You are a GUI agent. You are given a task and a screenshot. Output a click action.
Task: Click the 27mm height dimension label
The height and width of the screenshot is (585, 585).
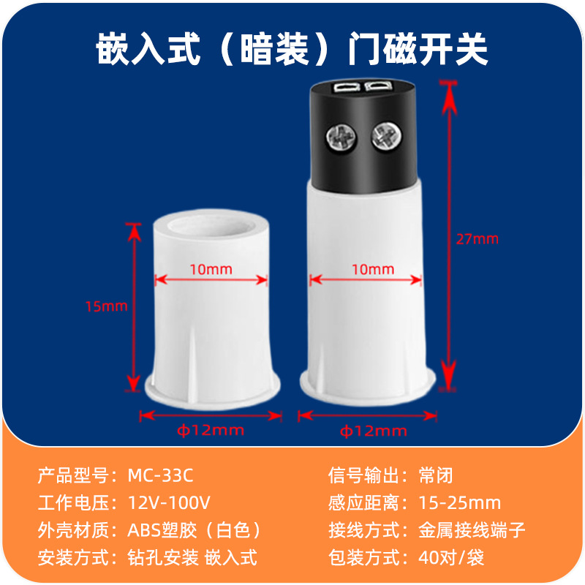pos(478,239)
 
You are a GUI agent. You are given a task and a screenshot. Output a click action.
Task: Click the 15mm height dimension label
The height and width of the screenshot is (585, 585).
pos(106,306)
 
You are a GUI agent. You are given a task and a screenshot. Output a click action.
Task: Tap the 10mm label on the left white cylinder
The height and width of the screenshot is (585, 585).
pos(211,269)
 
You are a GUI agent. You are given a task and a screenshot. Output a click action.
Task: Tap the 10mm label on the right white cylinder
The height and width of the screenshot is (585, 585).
pos(373,269)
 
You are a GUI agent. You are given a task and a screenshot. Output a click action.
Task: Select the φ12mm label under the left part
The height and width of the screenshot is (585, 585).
pos(211,431)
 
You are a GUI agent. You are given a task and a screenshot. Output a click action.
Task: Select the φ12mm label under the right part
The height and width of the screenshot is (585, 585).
pos(373,431)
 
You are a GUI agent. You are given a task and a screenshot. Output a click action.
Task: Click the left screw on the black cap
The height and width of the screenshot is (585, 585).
pos(341,137)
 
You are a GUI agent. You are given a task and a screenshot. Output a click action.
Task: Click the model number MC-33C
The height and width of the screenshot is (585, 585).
pos(160,475)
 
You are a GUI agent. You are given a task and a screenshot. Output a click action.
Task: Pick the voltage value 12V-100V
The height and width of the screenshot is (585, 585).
pos(169,502)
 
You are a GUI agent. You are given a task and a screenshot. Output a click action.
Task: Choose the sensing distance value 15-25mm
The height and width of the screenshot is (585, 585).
pos(460,502)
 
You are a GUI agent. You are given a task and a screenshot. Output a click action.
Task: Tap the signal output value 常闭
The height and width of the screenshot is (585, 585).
pos(436,475)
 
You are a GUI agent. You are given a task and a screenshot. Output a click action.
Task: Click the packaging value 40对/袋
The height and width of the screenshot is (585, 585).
pos(451,557)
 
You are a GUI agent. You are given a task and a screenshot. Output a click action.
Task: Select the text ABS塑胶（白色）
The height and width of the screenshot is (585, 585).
pos(195,529)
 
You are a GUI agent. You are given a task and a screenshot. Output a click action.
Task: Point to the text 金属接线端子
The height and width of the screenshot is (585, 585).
pos(472,529)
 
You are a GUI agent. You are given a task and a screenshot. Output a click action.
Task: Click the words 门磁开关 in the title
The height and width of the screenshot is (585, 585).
pos(418,49)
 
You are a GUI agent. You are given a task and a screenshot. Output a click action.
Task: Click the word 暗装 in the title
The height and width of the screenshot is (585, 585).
pos(275,49)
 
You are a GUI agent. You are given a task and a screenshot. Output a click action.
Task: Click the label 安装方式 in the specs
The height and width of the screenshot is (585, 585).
pos(73,557)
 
